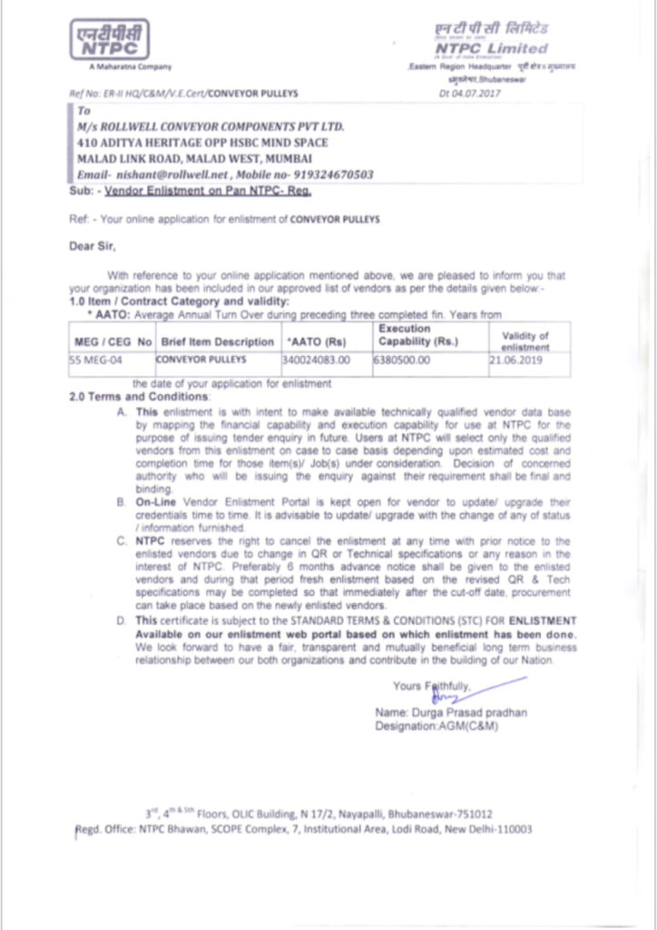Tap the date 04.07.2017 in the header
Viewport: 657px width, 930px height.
[482, 93]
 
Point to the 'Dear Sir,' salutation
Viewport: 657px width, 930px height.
[93, 245]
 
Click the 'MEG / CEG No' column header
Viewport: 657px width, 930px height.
[112, 341]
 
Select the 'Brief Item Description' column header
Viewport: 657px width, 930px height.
[217, 341]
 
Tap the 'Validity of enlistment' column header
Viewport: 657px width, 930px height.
[525, 341]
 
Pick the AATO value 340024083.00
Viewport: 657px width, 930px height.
[316, 361]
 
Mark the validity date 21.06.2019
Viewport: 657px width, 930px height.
[515, 361]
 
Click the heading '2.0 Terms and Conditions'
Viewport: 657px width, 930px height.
[140, 398]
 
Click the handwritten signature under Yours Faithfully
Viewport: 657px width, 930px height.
[446, 698]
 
